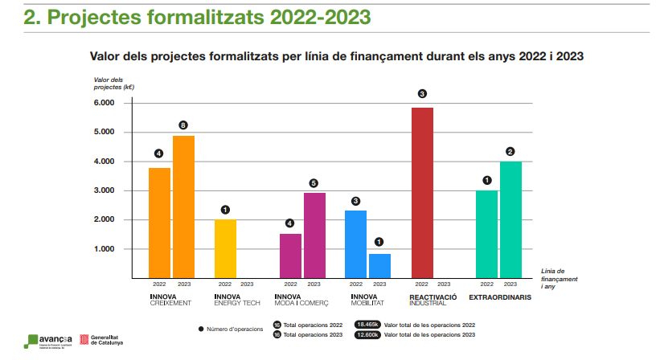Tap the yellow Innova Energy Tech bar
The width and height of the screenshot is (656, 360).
click(x=225, y=248)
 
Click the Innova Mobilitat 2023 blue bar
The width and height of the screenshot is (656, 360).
click(x=379, y=265)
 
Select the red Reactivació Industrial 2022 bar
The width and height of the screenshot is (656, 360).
click(x=422, y=193)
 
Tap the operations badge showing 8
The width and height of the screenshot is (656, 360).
click(x=183, y=125)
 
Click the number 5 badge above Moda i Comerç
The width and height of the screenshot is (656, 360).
click(x=314, y=182)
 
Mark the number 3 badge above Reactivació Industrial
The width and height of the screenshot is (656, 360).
click(x=422, y=94)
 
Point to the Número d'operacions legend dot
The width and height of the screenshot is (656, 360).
click(x=200, y=329)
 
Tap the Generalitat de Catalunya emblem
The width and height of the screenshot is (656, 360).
click(x=83, y=340)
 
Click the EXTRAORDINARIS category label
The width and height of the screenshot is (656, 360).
click(x=501, y=297)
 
